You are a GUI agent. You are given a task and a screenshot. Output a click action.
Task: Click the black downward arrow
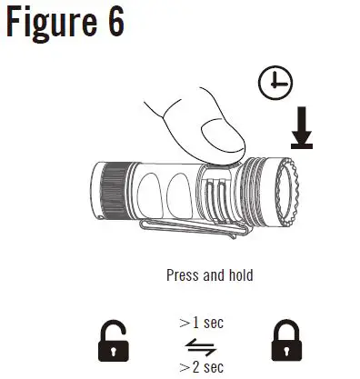pos(302,126)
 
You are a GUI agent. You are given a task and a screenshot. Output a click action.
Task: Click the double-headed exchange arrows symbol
pos(195,343)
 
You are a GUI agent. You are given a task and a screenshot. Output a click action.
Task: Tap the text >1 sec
pos(201,323)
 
